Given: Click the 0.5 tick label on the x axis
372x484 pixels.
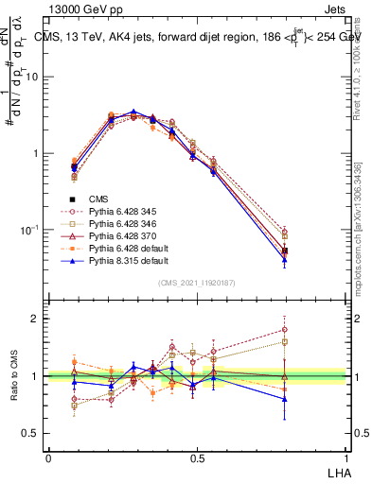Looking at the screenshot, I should pos(198,458).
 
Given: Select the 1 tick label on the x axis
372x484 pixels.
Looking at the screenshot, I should pos(347,458).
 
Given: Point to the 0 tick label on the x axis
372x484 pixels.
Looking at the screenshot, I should pos(48,458).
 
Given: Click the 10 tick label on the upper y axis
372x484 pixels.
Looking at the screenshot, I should pos(31,77).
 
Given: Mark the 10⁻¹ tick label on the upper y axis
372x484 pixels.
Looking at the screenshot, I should pos(29,230).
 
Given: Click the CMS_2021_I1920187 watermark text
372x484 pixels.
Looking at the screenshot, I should pos(198,283).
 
